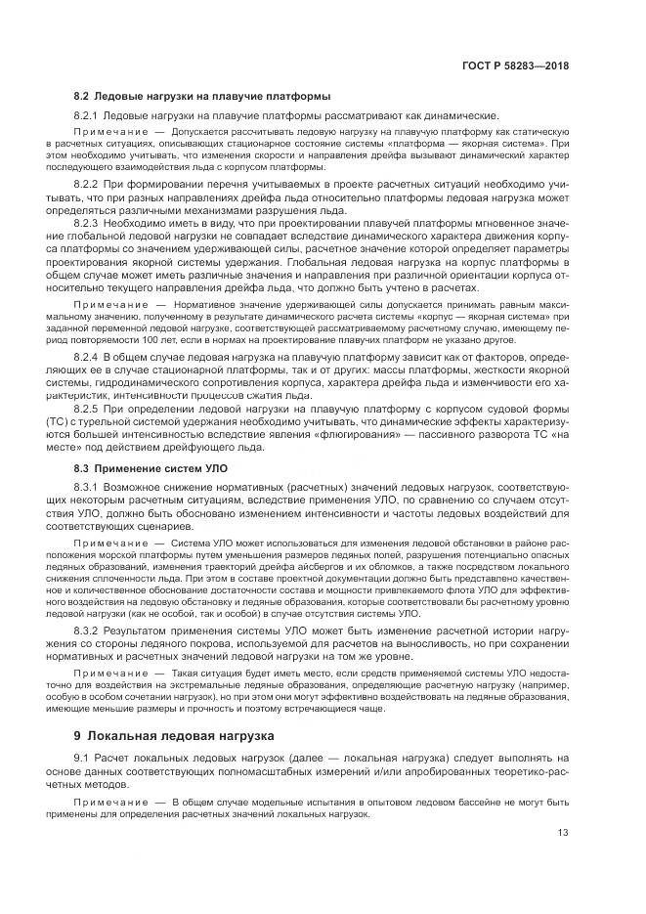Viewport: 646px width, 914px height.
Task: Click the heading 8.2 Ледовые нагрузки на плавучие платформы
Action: click(x=201, y=96)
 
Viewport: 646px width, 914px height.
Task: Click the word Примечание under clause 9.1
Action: click(x=108, y=801)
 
